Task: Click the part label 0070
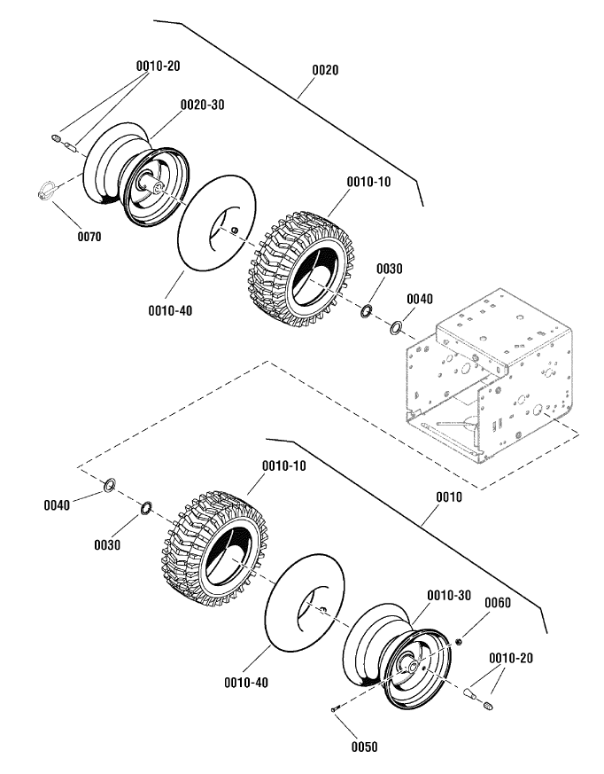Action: tap(89, 237)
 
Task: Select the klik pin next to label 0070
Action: tap(48, 190)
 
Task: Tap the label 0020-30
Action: tap(202, 105)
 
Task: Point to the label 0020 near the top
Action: tap(325, 70)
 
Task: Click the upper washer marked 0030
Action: tap(366, 311)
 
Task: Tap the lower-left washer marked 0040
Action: tap(110, 485)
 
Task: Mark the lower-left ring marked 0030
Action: tap(146, 507)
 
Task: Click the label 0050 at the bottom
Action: tap(364, 747)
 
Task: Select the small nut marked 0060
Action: tap(459, 641)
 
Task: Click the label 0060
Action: tap(498, 603)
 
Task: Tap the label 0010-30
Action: tap(449, 595)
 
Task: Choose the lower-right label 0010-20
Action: tap(511, 658)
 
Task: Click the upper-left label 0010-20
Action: tap(159, 66)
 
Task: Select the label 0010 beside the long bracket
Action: tap(449, 496)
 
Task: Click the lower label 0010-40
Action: tap(246, 683)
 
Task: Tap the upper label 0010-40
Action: tap(171, 310)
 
